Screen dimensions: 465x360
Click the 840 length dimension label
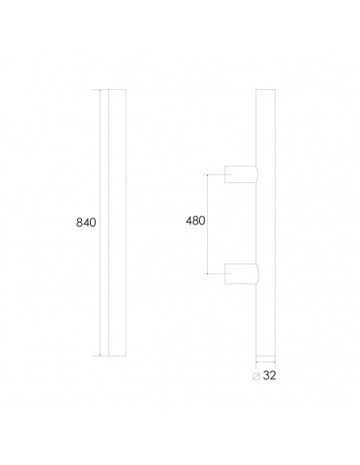(x=86, y=223)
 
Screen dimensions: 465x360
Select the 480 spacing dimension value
(x=195, y=222)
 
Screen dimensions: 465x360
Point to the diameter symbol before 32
(x=255, y=376)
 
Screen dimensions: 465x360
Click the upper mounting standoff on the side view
(x=241, y=174)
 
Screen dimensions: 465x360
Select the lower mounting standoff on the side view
(x=241, y=273)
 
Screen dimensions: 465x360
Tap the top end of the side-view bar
(x=265, y=90)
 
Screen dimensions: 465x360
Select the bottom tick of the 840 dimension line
(x=100, y=356)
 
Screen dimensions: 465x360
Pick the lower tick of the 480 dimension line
(x=209, y=273)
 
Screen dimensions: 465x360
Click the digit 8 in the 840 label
(x=79, y=223)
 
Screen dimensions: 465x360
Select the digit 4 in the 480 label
(x=188, y=222)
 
